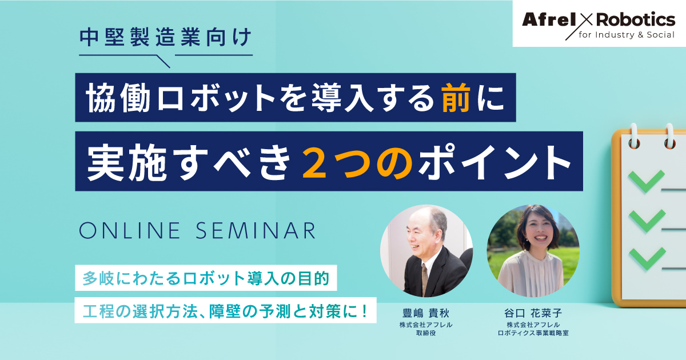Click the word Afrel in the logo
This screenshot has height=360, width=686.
pyautogui.click(x=549, y=19)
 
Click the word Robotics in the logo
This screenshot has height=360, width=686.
pyautogui.click(x=636, y=19)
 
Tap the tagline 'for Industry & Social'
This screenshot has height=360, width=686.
pyautogui.click(x=627, y=35)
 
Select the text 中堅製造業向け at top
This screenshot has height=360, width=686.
pyautogui.click(x=165, y=37)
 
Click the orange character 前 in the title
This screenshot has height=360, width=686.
pyautogui.click(x=456, y=98)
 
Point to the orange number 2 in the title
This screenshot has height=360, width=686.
pyautogui.click(x=314, y=162)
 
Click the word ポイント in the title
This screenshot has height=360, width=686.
pyautogui.click(x=494, y=162)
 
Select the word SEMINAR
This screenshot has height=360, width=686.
pyautogui.click(x=256, y=230)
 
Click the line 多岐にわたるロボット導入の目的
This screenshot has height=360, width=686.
pyautogui.click(x=206, y=278)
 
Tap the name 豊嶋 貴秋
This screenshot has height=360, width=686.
pyautogui.click(x=426, y=313)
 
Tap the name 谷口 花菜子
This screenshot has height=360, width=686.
pyautogui.click(x=533, y=313)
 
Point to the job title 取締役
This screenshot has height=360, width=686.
pyautogui.click(x=426, y=333)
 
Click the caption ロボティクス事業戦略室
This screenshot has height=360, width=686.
pyautogui.click(x=533, y=333)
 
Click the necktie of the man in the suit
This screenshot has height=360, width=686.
pyautogui.click(x=424, y=279)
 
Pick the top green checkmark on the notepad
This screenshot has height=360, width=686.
pyautogui.click(x=647, y=181)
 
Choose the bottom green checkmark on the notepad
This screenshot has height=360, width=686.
pyautogui.click(x=647, y=259)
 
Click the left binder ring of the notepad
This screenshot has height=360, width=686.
pyautogui.click(x=633, y=137)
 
